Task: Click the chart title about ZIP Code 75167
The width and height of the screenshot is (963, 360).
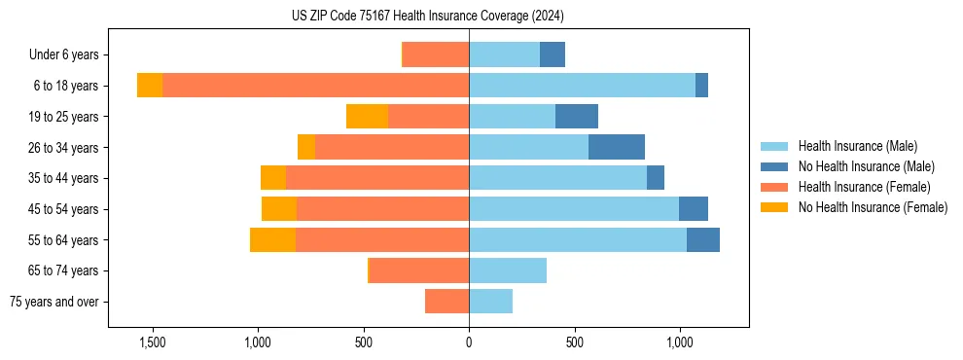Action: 428,17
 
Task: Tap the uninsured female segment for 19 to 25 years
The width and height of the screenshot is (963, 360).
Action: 367,117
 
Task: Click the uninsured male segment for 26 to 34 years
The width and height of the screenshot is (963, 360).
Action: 617,147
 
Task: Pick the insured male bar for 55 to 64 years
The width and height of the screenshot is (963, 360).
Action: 578,239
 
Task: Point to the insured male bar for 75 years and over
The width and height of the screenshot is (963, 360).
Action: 490,302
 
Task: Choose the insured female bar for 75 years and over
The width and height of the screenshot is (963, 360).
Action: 446,302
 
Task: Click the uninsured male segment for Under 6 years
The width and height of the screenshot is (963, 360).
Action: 553,54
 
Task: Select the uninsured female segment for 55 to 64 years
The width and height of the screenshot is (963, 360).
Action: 272,239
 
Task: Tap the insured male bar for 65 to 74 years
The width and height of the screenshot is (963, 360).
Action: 508,270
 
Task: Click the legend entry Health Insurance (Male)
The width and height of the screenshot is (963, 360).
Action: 857,146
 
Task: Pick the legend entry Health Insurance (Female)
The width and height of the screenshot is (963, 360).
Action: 864,187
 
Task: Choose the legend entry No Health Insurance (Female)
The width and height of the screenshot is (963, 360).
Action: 873,207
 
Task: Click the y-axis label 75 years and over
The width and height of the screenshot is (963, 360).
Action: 54,302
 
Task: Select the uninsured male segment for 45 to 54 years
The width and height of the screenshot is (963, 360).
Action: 694,209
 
